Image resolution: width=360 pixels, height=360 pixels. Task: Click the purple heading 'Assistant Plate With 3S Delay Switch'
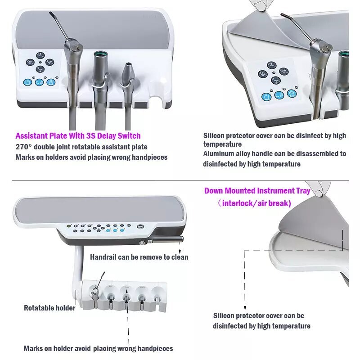click(x=78, y=135)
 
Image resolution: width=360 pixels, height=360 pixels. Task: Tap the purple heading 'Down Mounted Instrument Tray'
click(x=257, y=191)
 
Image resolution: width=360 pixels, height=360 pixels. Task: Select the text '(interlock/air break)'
click(x=254, y=203)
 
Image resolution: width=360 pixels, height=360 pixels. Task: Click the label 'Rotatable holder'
click(x=49, y=308)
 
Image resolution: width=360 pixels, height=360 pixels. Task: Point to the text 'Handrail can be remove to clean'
click(x=139, y=257)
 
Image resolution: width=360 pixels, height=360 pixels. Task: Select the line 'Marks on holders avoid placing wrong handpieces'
click(x=91, y=157)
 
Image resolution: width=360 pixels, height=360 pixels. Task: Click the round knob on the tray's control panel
click(x=140, y=227)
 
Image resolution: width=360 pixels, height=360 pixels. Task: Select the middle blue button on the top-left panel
click(x=39, y=82)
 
